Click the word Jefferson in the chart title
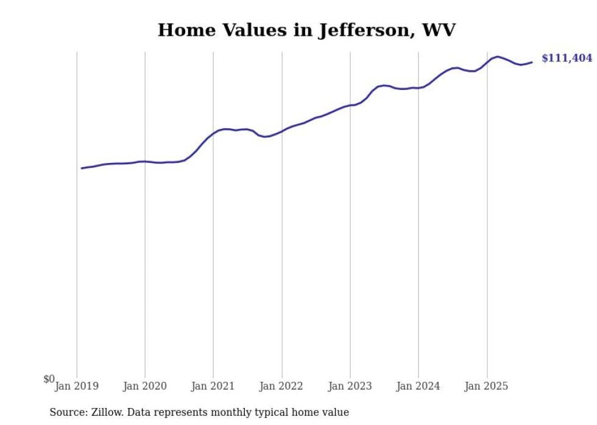[362, 30]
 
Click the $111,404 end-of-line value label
[567, 58]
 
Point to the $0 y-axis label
[49, 379]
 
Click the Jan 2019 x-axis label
[77, 385]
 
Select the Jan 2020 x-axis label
[145, 385]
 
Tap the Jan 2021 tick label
[213, 385]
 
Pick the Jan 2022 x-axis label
[281, 385]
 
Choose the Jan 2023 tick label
[350, 385]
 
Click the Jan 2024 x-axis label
[419, 385]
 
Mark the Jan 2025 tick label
[487, 385]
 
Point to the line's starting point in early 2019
[82, 168]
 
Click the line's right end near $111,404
[532, 62]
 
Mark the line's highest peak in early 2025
[498, 57]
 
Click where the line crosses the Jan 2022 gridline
[282, 131]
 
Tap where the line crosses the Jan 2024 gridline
[419, 88]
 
